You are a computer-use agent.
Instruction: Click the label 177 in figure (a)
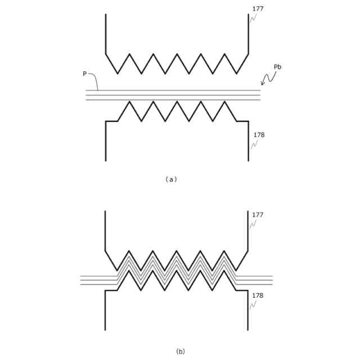tap(258, 9)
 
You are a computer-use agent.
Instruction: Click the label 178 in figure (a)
tap(259, 135)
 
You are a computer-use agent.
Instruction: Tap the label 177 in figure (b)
tap(258, 215)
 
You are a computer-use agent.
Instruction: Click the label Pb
tap(277, 67)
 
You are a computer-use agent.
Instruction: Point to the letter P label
tap(85, 74)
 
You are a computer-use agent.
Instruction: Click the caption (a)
tap(172, 179)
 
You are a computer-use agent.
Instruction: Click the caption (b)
tap(180, 352)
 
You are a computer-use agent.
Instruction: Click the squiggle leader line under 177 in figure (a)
tap(253, 17)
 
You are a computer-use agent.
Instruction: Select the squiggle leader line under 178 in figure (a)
tap(254, 144)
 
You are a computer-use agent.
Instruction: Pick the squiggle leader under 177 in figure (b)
tap(253, 223)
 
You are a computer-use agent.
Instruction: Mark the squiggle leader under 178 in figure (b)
tap(254, 304)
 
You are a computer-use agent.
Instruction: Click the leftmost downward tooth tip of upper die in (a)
tap(118, 74)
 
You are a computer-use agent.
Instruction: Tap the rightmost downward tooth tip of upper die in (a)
tap(236, 74)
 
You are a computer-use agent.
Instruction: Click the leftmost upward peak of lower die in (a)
tap(129, 101)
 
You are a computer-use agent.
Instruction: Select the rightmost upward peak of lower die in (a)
tap(224, 101)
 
